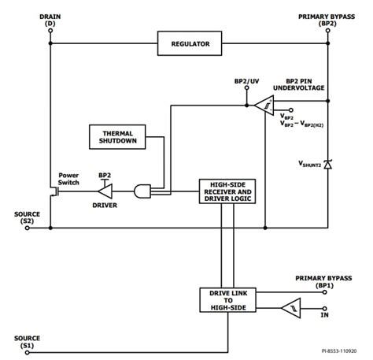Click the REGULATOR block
190,44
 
